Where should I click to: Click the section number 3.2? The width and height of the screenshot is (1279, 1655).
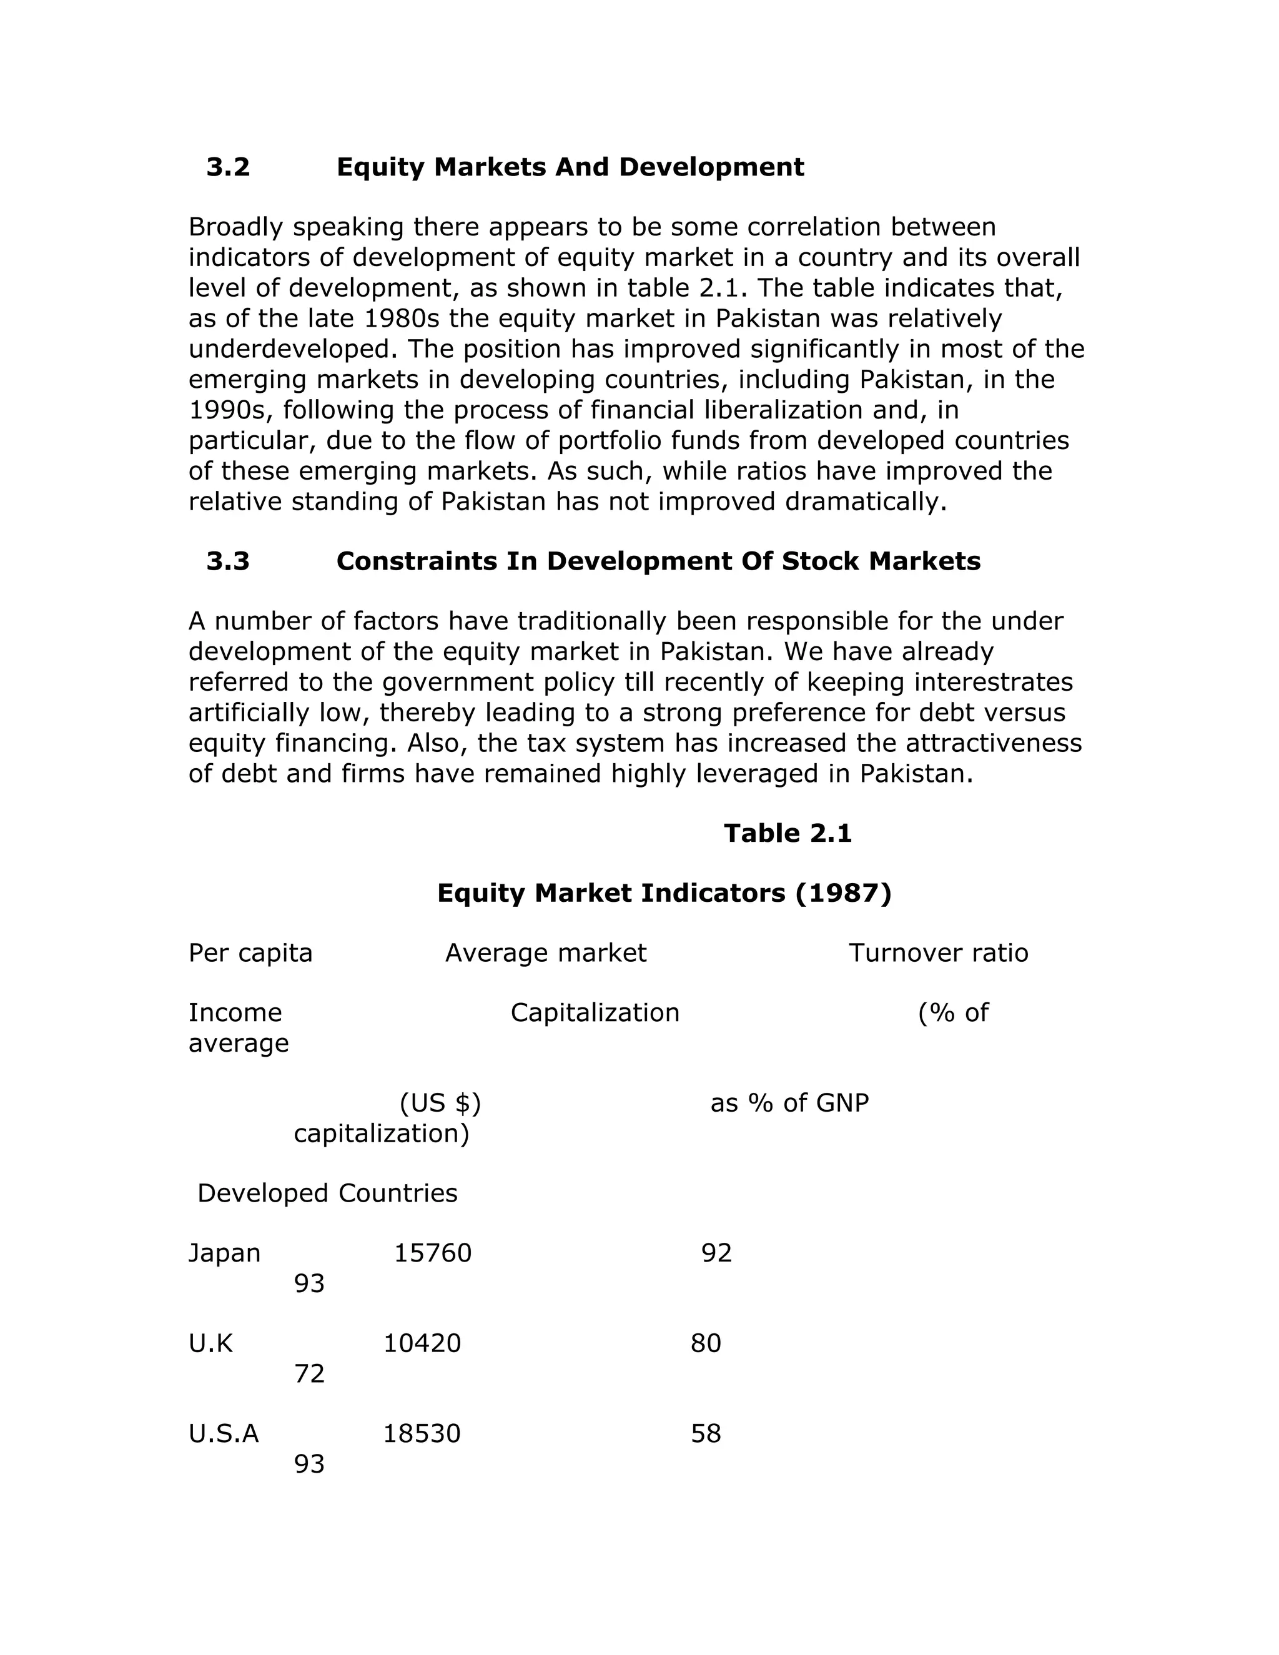point(228,167)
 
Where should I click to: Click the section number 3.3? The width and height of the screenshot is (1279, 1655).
point(228,561)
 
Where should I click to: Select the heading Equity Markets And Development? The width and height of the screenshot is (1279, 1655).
point(570,167)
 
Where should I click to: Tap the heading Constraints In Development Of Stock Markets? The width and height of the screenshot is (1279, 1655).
point(658,561)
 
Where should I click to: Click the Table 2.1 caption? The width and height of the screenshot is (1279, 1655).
point(788,834)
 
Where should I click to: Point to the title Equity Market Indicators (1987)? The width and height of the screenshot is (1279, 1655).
point(664,894)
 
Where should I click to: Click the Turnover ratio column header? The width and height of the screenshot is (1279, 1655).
point(938,953)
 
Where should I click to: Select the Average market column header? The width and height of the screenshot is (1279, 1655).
point(546,953)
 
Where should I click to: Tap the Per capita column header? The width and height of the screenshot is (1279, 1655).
point(250,953)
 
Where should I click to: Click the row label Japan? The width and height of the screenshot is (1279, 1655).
point(224,1253)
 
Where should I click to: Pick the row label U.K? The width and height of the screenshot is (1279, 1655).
point(210,1343)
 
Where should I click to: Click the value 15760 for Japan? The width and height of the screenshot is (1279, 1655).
point(433,1253)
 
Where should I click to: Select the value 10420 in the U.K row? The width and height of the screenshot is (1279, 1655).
point(422,1343)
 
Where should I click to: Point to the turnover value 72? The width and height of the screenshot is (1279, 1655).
point(309,1374)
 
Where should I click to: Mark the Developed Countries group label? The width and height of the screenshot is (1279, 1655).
point(327,1193)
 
